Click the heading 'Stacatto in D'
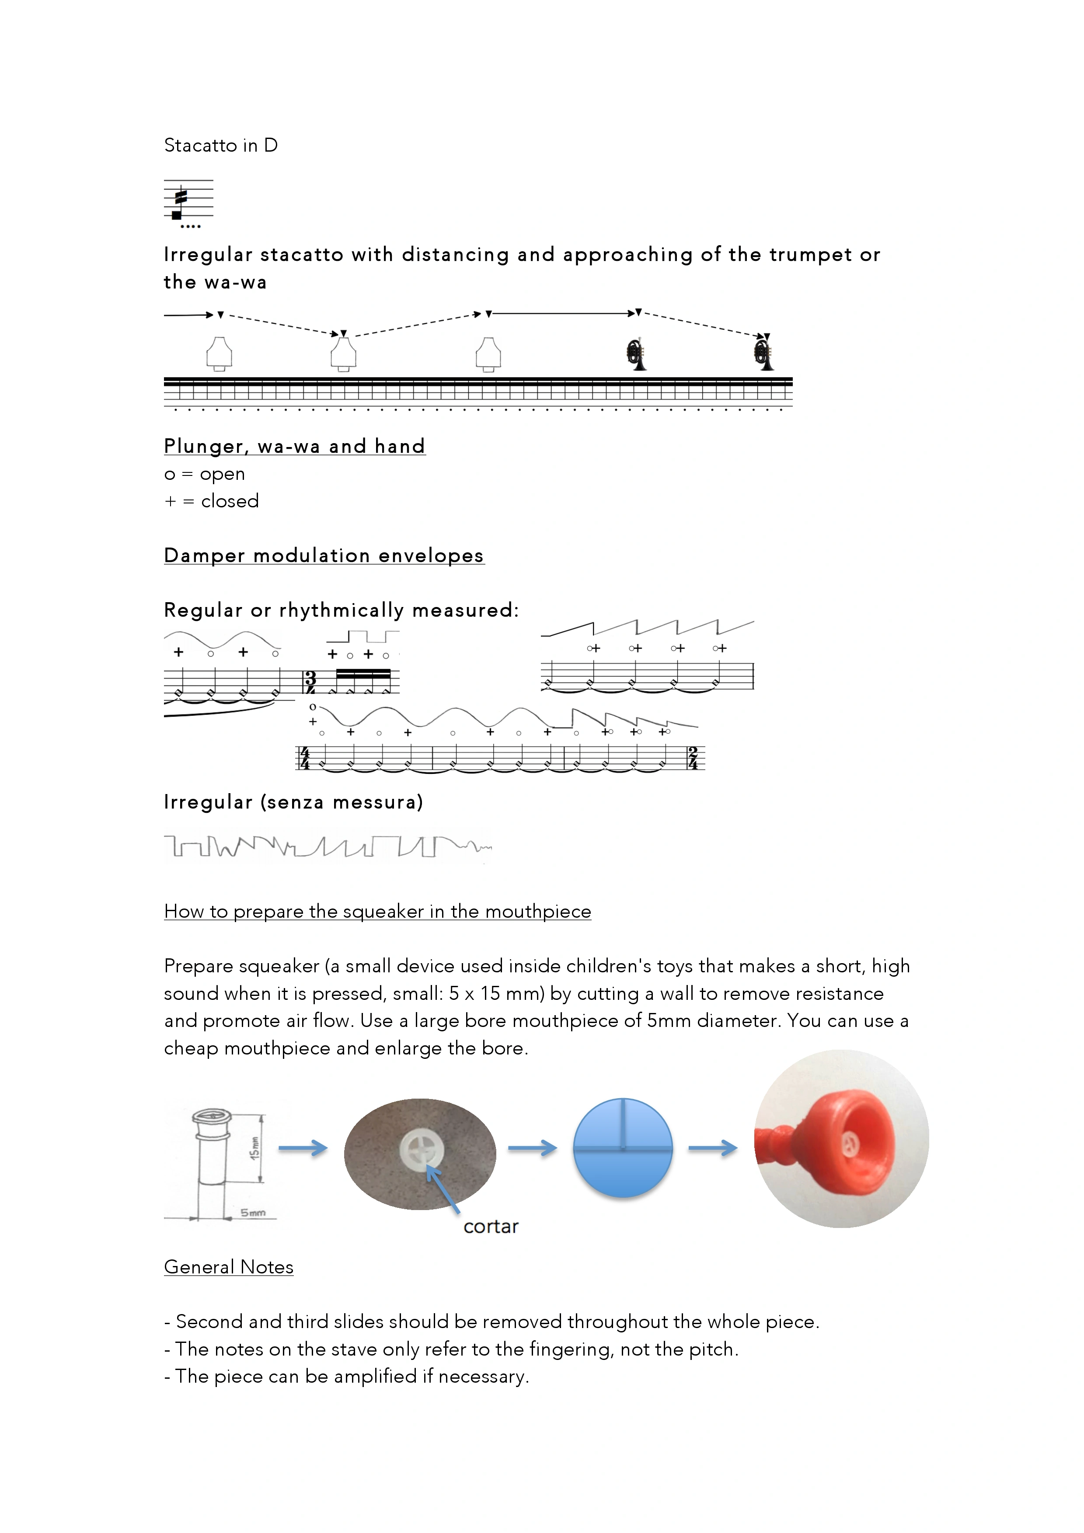tap(221, 145)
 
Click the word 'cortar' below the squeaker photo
tap(491, 1227)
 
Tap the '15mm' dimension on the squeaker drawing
tap(254, 1148)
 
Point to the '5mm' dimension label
tap(253, 1213)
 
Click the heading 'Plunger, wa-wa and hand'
tap(295, 446)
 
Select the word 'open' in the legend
tap(223, 475)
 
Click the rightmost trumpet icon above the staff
tap(763, 354)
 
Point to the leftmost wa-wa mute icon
tap(219, 354)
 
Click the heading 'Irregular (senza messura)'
tap(293, 802)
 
